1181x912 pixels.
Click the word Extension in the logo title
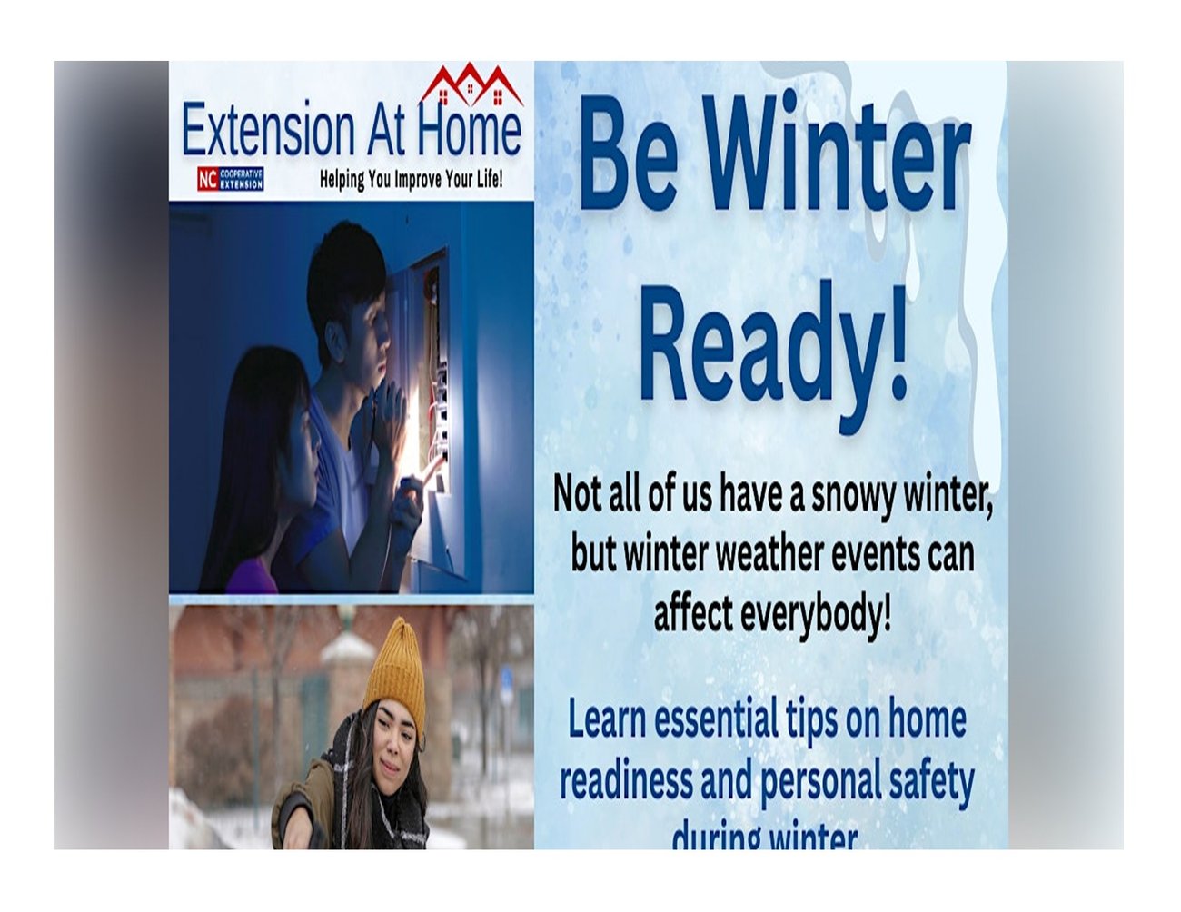click(268, 131)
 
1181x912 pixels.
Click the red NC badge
click(207, 179)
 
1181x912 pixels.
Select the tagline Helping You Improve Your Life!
click(411, 179)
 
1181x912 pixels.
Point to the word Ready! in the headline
click(773, 342)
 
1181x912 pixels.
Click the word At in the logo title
click(385, 131)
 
